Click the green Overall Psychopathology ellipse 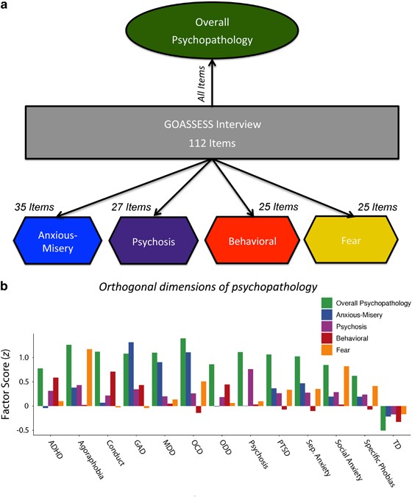point(212,30)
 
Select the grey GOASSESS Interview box point(212,132)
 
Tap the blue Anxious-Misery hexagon point(57,240)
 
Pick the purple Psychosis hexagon point(154,240)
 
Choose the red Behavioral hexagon point(252,240)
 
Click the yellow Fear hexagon point(351,240)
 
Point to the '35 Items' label point(35,207)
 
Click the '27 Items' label point(131,207)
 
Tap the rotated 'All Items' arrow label point(202,84)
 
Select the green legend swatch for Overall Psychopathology point(327,303)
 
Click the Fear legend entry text point(343,350)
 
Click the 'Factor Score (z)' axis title point(6,387)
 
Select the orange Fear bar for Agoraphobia point(90,377)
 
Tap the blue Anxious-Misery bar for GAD point(131,374)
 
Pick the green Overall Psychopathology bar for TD point(383,418)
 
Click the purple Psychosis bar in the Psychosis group point(251,387)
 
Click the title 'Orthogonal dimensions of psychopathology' point(208,287)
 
